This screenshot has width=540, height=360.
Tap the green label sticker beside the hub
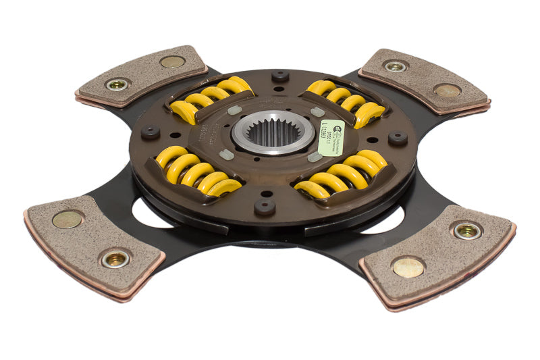coord(331,137)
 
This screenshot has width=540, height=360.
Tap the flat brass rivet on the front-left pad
coord(68,219)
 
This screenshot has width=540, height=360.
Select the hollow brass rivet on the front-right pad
coord(467,230)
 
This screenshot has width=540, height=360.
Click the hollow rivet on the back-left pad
coord(117,84)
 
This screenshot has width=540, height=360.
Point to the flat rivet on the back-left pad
coord(172,61)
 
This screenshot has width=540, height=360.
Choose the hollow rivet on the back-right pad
coord(395,66)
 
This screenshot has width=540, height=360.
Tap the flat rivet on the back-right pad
coord(448,90)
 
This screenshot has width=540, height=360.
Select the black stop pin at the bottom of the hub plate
coord(264,205)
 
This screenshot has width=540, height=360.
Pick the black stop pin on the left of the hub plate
coord(151,132)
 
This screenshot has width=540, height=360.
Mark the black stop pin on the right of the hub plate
coord(398,138)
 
